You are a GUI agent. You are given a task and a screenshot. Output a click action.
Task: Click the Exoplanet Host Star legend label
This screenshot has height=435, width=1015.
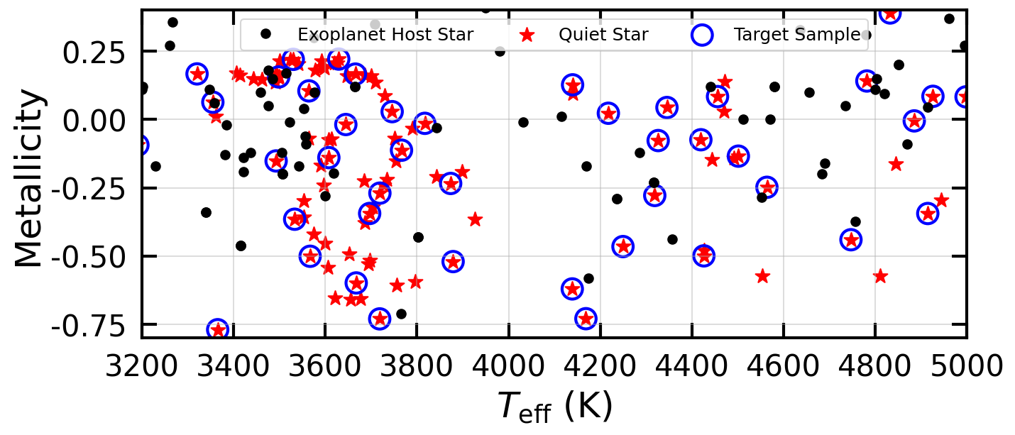click(x=385, y=35)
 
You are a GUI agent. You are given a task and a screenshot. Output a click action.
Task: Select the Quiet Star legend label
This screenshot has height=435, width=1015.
click(x=603, y=35)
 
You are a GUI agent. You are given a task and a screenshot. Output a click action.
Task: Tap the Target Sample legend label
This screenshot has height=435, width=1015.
click(x=796, y=35)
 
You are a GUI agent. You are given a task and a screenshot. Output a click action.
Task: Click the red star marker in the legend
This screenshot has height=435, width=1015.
click(x=527, y=35)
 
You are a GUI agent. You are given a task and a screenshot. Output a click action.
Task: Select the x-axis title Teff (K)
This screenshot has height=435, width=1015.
click(x=553, y=407)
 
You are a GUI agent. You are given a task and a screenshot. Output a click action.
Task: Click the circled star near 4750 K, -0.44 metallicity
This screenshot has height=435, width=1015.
click(x=851, y=240)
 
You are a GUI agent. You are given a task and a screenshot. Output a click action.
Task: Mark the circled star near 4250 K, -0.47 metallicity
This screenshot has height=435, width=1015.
click(x=622, y=246)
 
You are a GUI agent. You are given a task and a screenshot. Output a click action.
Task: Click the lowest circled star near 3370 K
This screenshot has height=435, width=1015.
click(x=218, y=329)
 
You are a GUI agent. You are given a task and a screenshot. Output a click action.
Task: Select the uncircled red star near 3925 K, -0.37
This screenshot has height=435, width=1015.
click(x=475, y=219)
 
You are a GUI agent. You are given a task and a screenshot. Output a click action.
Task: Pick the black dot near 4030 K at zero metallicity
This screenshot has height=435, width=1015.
click(x=523, y=122)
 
